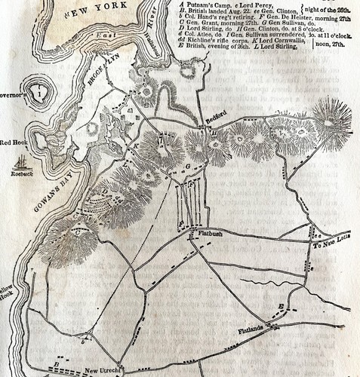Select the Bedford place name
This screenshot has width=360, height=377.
[216, 121]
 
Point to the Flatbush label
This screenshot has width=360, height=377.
[210, 234]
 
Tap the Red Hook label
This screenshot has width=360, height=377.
[14, 142]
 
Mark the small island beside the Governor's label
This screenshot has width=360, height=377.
[35, 94]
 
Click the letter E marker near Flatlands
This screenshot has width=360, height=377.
[282, 305]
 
